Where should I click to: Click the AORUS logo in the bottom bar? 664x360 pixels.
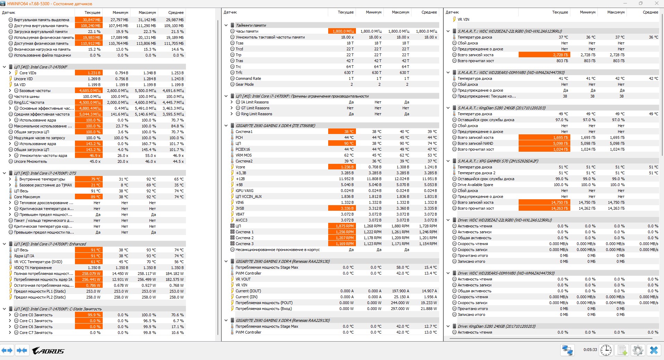tap(48, 351)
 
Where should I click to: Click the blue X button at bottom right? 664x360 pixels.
tap(654, 350)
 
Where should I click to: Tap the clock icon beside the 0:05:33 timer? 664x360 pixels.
tap(606, 350)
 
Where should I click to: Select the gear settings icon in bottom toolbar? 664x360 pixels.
tap(638, 350)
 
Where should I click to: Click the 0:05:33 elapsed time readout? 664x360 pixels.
tap(590, 350)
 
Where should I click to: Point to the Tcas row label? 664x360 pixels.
tap(239, 43)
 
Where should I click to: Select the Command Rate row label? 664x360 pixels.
tap(248, 78)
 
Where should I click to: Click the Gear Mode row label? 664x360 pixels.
tap(245, 84)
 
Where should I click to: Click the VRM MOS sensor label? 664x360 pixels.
tap(244, 155)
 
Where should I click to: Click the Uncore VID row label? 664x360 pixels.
tap(23, 79)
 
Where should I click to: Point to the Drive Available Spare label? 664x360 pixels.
tap(475, 185)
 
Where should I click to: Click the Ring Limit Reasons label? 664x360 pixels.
tap(256, 114)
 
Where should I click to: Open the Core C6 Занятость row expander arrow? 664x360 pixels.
tap(10, 327)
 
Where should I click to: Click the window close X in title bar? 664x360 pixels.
tap(656, 3)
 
